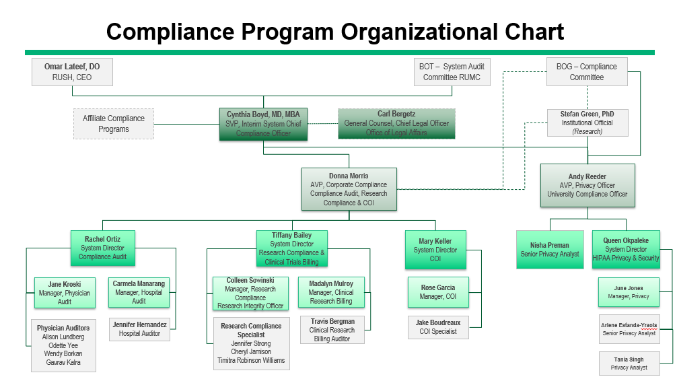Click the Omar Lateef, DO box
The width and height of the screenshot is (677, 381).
click(x=72, y=72)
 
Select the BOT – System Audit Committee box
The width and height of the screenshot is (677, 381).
click(x=452, y=72)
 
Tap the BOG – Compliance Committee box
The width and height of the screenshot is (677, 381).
click(x=586, y=72)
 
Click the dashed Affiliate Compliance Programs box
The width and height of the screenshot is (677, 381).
click(x=114, y=124)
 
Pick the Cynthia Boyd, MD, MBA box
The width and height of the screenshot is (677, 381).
click(x=263, y=124)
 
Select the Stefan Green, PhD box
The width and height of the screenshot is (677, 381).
click(x=587, y=123)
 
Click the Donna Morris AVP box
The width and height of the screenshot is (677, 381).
click(x=349, y=189)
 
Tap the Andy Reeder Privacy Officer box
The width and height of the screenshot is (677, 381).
click(x=587, y=185)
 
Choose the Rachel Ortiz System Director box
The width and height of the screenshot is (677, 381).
click(x=102, y=248)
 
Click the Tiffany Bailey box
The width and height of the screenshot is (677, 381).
click(x=292, y=248)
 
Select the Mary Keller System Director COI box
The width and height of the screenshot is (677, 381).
click(x=435, y=250)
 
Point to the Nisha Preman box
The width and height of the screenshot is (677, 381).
click(x=550, y=250)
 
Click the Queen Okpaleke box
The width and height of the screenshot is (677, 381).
click(x=626, y=249)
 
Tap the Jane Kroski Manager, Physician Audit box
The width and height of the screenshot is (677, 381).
click(x=65, y=293)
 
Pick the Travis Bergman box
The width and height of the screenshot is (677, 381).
click(x=332, y=330)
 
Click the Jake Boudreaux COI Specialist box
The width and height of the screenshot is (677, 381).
click(x=438, y=327)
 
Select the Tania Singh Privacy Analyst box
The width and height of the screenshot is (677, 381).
click(x=629, y=363)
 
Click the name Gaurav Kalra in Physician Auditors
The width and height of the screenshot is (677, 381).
click(x=63, y=362)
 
